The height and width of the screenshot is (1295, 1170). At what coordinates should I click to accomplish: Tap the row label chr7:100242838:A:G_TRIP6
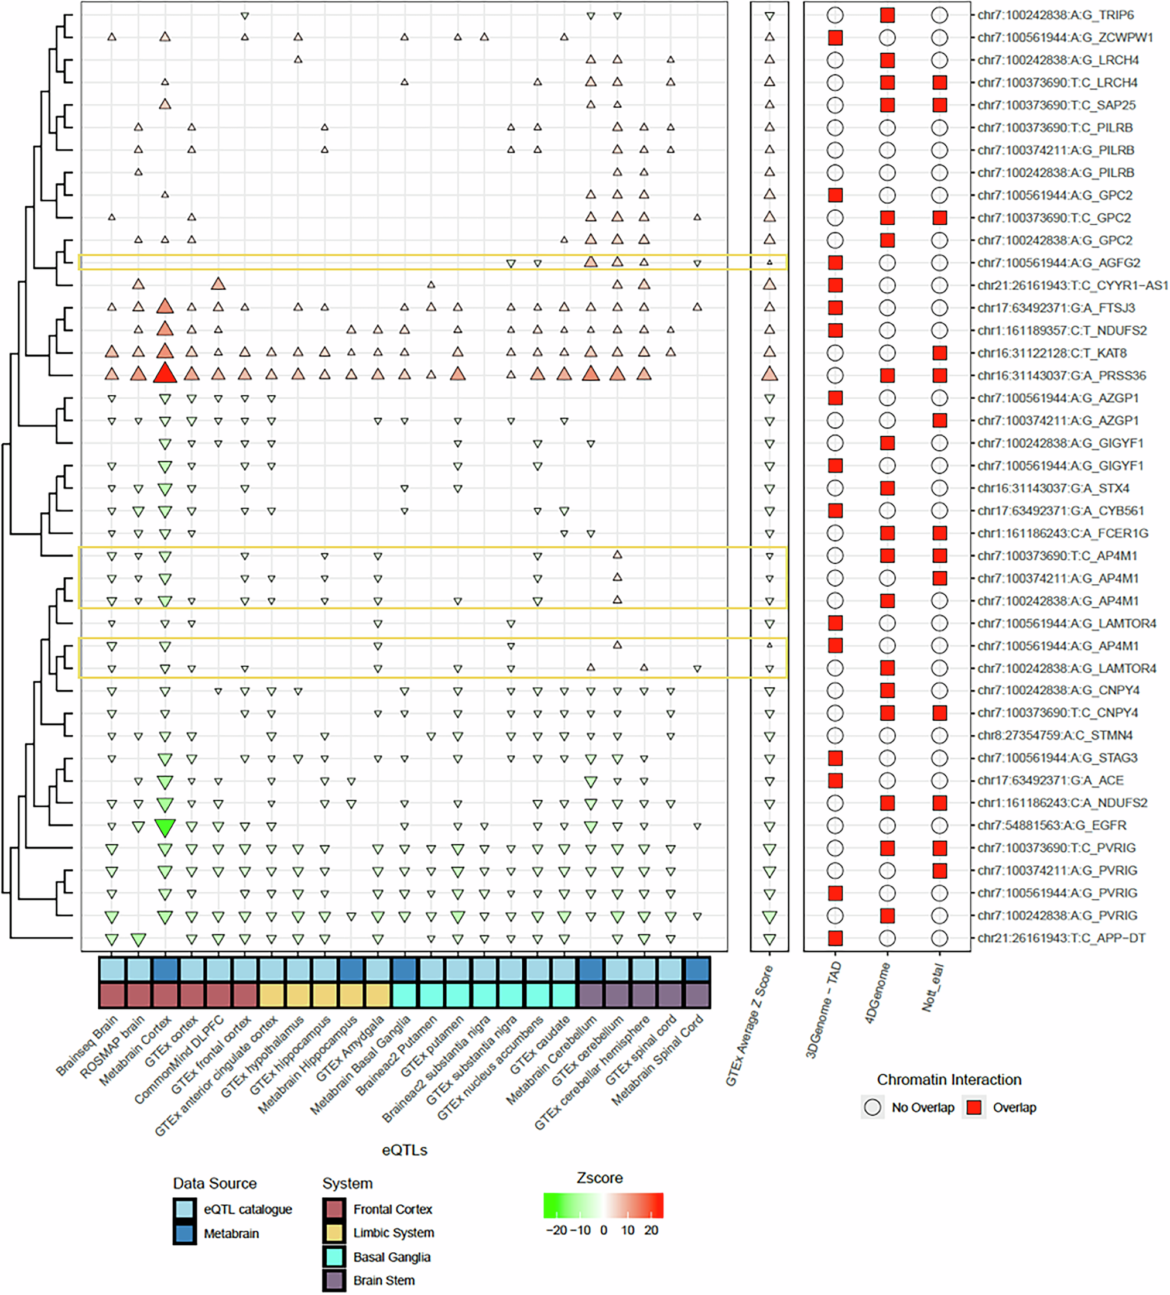pyautogui.click(x=1055, y=15)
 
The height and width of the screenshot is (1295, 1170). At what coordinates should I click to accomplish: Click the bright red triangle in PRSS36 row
pyautogui.click(x=165, y=373)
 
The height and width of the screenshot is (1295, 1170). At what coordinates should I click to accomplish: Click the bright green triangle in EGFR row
pyautogui.click(x=165, y=827)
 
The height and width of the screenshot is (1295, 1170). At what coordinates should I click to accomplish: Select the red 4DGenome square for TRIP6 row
pyautogui.click(x=887, y=15)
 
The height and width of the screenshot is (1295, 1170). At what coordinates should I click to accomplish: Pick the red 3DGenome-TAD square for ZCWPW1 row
pyautogui.click(x=834, y=37)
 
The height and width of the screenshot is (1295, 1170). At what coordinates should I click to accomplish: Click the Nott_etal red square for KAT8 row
pyautogui.click(x=939, y=352)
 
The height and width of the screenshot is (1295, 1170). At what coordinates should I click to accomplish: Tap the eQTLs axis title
pyautogui.click(x=404, y=1150)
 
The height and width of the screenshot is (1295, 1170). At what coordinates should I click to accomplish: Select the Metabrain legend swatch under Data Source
pyautogui.click(x=184, y=1234)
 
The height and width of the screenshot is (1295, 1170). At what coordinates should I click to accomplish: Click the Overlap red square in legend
pyautogui.click(x=974, y=1108)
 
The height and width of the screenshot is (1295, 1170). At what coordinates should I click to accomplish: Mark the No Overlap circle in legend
pyautogui.click(x=873, y=1108)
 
